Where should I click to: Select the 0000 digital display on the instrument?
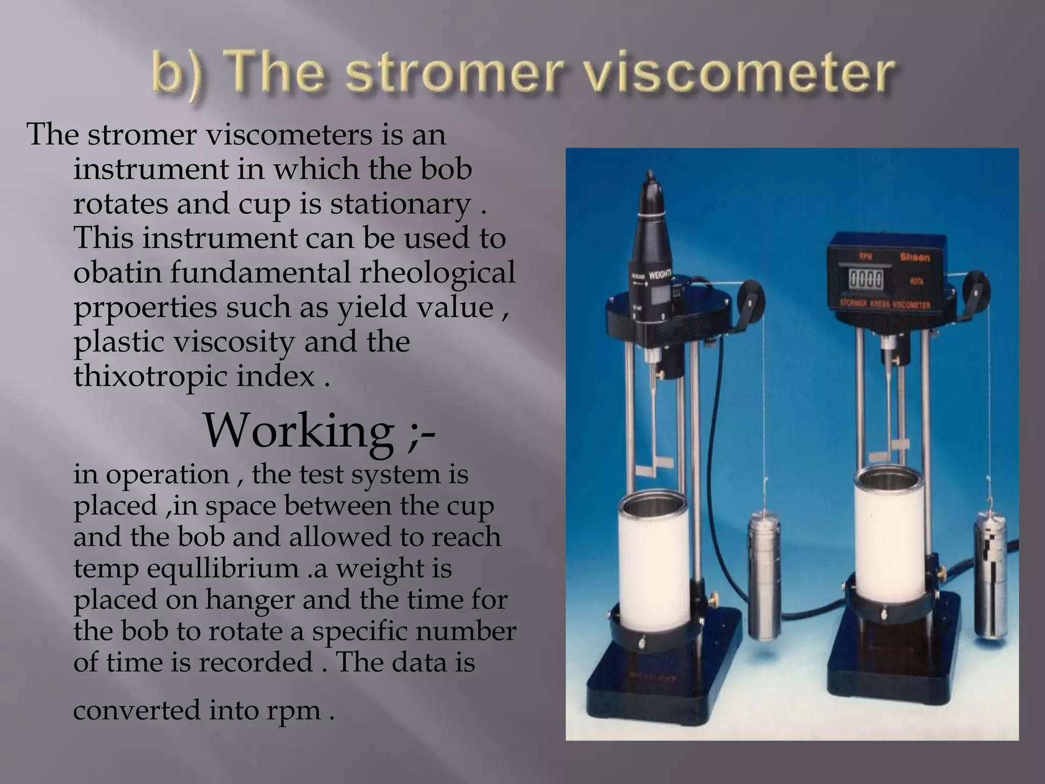click(x=866, y=280)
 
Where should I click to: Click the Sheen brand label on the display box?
click(x=914, y=257)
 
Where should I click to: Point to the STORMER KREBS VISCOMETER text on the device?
click(x=885, y=305)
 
